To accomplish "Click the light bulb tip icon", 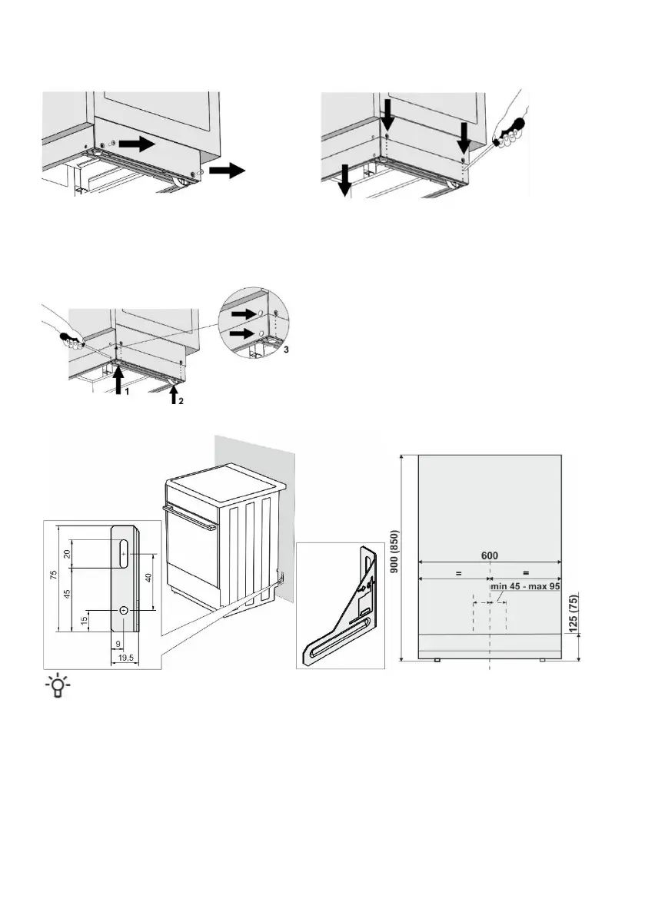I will tap(57, 686).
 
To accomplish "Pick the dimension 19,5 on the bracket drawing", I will tap(121, 658).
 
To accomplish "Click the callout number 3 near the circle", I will tap(287, 350).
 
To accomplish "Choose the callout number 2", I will tap(182, 401).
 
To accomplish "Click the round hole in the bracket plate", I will tap(123, 609).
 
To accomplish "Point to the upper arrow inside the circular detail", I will tap(243, 313).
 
